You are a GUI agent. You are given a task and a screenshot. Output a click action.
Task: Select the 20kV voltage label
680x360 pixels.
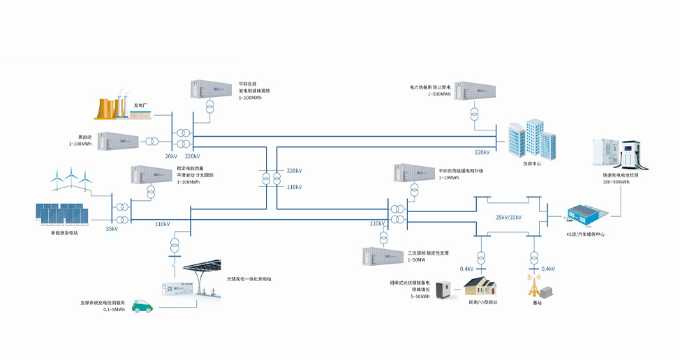point(171,156)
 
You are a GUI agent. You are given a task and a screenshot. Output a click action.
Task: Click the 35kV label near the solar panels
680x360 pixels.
point(112,229)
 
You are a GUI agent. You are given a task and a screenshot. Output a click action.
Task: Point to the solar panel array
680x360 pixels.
point(61,213)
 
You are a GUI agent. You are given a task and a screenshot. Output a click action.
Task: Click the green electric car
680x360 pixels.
point(143,306)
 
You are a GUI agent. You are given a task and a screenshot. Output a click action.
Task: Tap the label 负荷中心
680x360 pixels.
point(531,164)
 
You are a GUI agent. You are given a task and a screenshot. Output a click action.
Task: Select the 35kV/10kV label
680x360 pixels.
point(508,218)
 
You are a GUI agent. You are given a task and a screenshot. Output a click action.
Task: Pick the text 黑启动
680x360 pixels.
point(77,137)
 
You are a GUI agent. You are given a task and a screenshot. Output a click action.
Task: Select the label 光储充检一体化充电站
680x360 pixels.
point(249,279)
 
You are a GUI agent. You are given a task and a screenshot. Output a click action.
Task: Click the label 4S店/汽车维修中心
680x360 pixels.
point(585,234)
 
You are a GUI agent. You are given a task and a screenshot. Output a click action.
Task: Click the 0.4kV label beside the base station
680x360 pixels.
point(548,269)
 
